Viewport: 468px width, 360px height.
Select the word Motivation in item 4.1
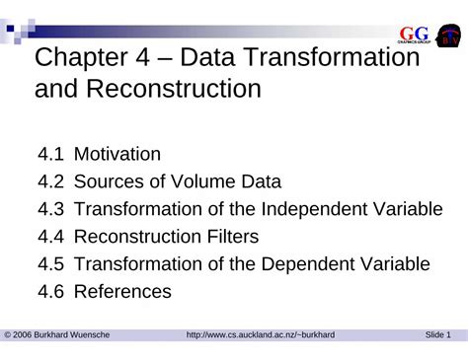[117, 154]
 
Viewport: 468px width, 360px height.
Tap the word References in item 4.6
[123, 292]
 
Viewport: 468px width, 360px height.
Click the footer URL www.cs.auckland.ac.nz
[261, 335]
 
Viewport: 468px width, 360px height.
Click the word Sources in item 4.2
[110, 181]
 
